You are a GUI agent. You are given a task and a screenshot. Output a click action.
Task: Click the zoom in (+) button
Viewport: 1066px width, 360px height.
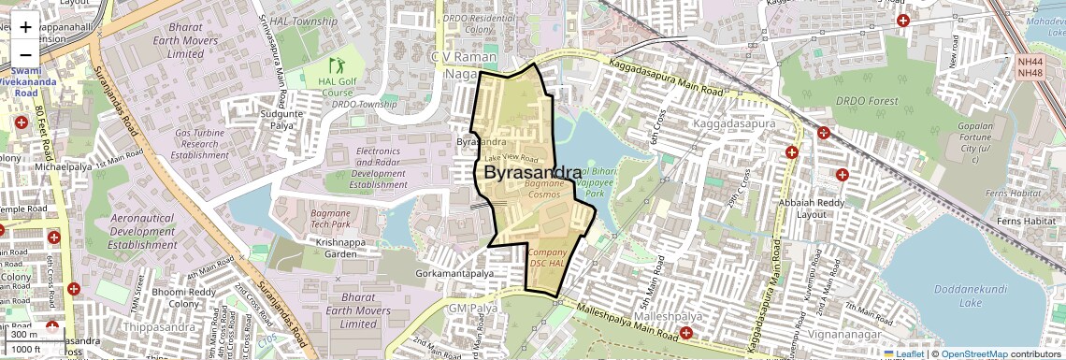pos(25,27)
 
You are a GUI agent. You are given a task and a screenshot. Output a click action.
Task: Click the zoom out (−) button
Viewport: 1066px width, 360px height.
pos(25,54)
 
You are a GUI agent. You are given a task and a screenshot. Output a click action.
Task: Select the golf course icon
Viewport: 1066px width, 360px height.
pos(337,65)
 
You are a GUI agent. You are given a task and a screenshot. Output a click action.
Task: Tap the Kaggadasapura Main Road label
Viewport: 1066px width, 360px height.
pos(666,79)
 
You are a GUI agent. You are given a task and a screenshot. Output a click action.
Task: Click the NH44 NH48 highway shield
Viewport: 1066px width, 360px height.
pos(1030,67)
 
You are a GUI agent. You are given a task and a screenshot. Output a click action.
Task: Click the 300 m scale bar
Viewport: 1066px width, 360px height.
pos(25,334)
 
